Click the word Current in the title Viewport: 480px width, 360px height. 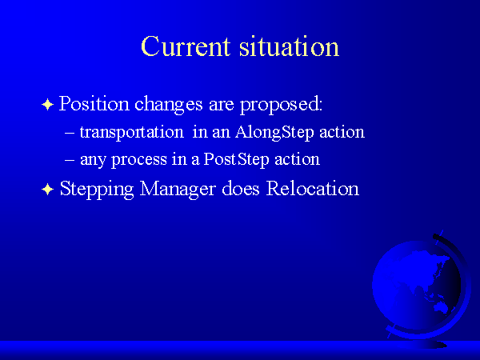(186, 46)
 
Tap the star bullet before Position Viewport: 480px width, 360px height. (47, 105)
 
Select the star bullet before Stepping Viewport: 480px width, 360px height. (47, 189)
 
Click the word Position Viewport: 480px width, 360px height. (94, 103)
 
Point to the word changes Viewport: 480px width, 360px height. (169, 105)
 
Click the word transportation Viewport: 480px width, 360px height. (132, 133)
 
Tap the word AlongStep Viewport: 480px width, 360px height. (274, 133)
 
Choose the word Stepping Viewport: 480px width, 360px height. (97, 189)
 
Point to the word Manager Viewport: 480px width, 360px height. (178, 189)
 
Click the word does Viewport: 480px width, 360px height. (241, 188)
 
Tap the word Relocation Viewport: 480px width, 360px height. (312, 188)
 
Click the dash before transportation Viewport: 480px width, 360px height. (70, 133)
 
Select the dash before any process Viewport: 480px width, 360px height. (70, 160)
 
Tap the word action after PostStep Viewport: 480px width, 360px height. (297, 159)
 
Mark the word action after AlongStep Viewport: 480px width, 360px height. (342, 133)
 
